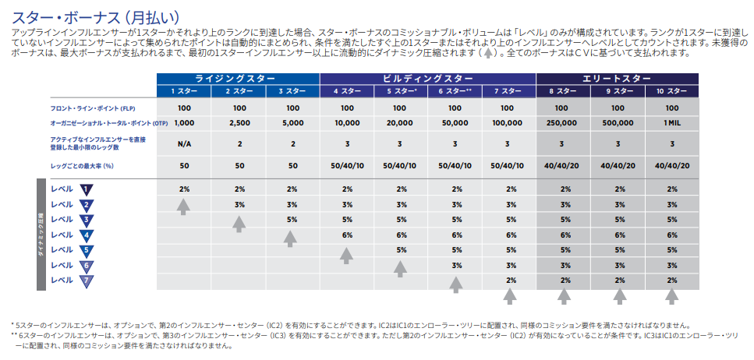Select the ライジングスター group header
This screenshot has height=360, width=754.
[238, 79]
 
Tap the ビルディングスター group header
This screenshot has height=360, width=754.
[427, 79]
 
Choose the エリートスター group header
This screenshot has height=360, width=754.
[618, 79]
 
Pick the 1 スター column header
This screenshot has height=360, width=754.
[184, 92]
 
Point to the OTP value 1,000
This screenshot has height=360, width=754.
[184, 123]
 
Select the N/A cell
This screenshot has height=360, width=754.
[184, 144]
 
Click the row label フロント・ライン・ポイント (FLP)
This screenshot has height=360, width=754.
[85, 108]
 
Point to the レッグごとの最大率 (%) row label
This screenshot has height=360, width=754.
[82, 165]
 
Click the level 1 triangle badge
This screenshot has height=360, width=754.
[86, 189]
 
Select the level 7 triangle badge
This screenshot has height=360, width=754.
[86, 280]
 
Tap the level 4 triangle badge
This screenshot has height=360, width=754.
[86, 235]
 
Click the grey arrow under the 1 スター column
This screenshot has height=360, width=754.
[184, 206]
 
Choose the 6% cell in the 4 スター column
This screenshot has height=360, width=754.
[347, 235]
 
